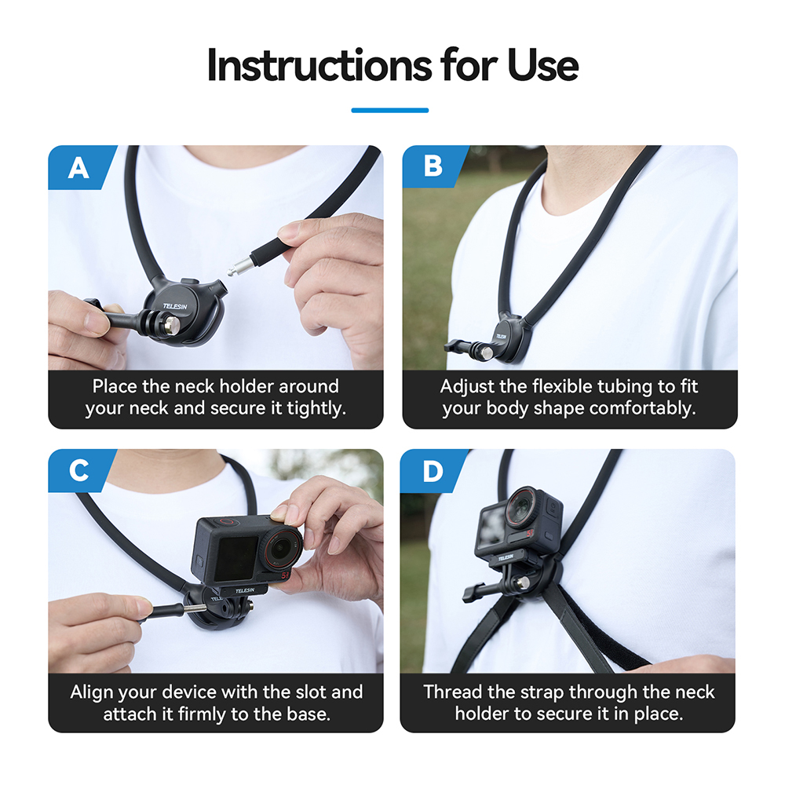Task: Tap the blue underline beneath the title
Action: pyautogui.click(x=389, y=110)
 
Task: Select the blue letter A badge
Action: pyautogui.click(x=78, y=167)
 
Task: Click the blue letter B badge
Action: pyautogui.click(x=433, y=167)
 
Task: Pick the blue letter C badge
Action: pyautogui.click(x=78, y=470)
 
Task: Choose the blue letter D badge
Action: pyautogui.click(x=432, y=470)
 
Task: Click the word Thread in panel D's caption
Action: pyautogui.click(x=451, y=692)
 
